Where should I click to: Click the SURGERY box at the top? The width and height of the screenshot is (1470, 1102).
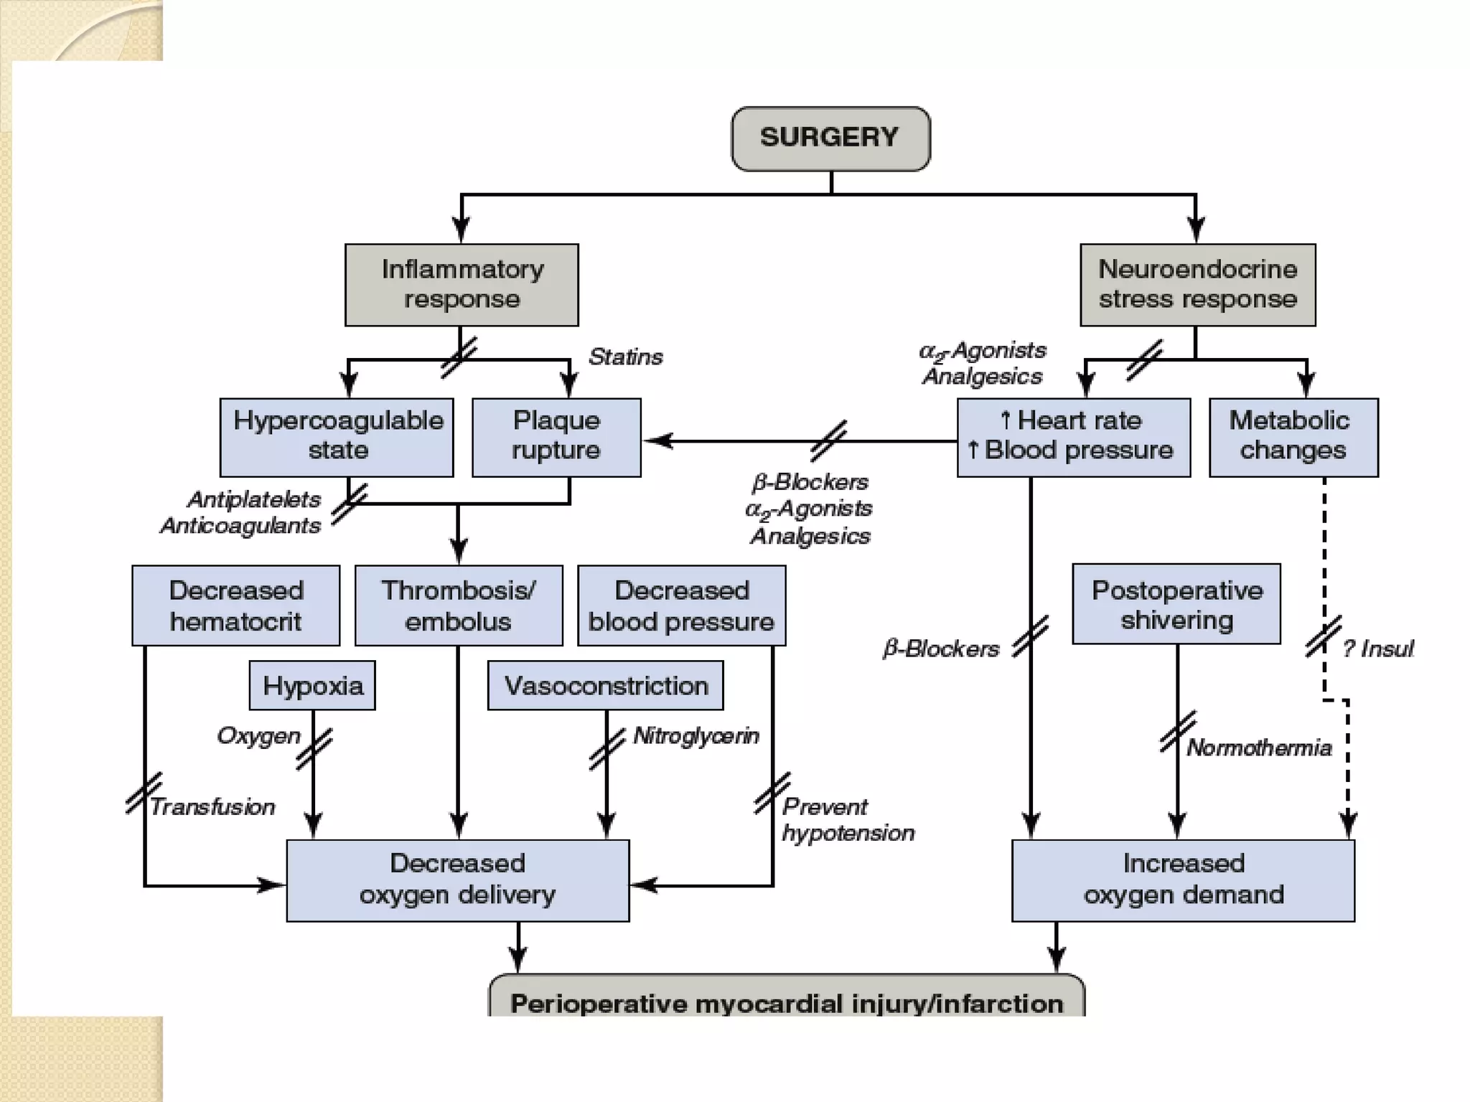coord(830,138)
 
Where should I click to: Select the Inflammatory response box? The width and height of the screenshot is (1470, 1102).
coord(462,285)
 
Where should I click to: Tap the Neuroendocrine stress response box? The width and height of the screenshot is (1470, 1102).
coord(1197,285)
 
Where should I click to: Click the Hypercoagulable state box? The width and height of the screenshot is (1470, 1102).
coord(337,437)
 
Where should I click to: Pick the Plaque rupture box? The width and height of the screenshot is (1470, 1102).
coord(556,437)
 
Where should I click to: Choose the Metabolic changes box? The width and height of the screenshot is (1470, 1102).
coord(1293,437)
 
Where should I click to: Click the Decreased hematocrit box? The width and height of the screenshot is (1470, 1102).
coord(235,605)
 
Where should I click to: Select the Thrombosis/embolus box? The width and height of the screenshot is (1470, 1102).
coord(459,605)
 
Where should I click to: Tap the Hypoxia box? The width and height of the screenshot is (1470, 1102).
coord(312,685)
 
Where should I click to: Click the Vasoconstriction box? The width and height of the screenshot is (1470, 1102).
coord(605,685)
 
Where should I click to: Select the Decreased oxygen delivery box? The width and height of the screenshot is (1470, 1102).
coord(458,880)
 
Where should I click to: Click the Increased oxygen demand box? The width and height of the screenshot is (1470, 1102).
coord(1183,880)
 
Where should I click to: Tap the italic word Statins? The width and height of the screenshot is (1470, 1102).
coord(625,357)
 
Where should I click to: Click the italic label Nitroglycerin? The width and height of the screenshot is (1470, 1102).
coord(696,735)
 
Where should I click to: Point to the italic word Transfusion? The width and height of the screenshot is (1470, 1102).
coord(212,806)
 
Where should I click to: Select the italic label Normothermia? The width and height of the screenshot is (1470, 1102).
coord(1259,748)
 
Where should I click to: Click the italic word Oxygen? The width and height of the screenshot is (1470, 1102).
coord(258,735)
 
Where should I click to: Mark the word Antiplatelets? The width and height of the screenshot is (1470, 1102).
coord(254,499)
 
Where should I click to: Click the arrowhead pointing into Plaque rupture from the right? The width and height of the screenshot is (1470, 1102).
coord(655,441)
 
